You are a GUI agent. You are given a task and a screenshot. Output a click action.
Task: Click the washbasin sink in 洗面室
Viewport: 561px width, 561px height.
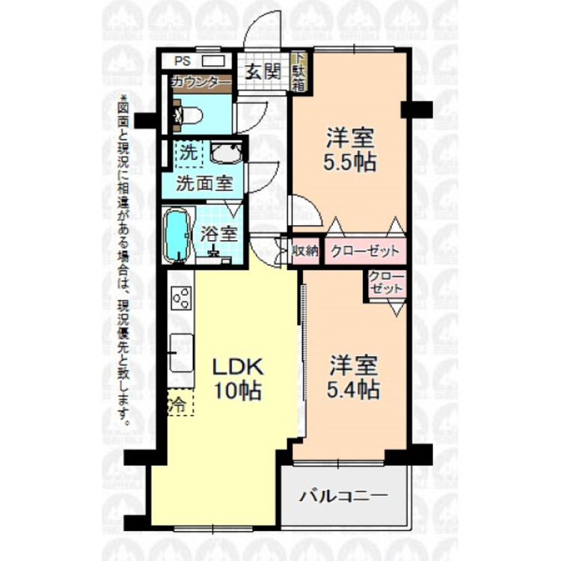(x=224, y=154)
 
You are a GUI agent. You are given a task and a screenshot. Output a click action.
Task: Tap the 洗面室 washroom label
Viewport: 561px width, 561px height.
(x=203, y=182)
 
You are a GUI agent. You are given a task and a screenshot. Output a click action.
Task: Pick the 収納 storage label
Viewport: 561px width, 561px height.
(x=305, y=251)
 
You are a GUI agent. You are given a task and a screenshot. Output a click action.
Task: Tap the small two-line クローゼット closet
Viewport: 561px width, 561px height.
(x=386, y=283)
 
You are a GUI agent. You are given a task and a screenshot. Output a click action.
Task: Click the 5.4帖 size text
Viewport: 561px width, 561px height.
(x=354, y=390)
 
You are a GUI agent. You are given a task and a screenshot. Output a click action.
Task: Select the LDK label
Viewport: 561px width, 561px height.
(x=238, y=367)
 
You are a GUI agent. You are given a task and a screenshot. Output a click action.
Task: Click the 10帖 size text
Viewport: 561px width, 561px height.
(x=238, y=390)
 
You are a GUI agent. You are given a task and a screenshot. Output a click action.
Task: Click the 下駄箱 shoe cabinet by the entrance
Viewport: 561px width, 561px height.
(x=298, y=72)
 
